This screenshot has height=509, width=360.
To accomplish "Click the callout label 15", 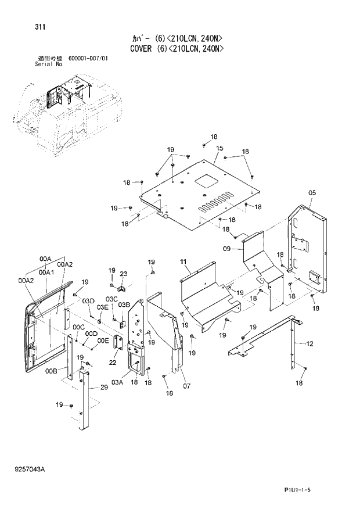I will pos(219,149).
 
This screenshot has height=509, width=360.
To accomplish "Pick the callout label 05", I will pos(311,193).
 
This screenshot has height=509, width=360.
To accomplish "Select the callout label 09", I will pos(228,249).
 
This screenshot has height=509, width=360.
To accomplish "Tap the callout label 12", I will pos(309,344).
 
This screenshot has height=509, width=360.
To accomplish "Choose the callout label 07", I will pos(187,385).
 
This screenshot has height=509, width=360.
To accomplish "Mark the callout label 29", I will pos(104,388).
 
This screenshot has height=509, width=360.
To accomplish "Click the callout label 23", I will pos(123,274).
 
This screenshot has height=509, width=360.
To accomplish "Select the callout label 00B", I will pos(51,371).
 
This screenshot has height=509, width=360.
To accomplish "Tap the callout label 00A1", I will pos(46,272).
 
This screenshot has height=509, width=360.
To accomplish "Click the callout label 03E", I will pos(102,307).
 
